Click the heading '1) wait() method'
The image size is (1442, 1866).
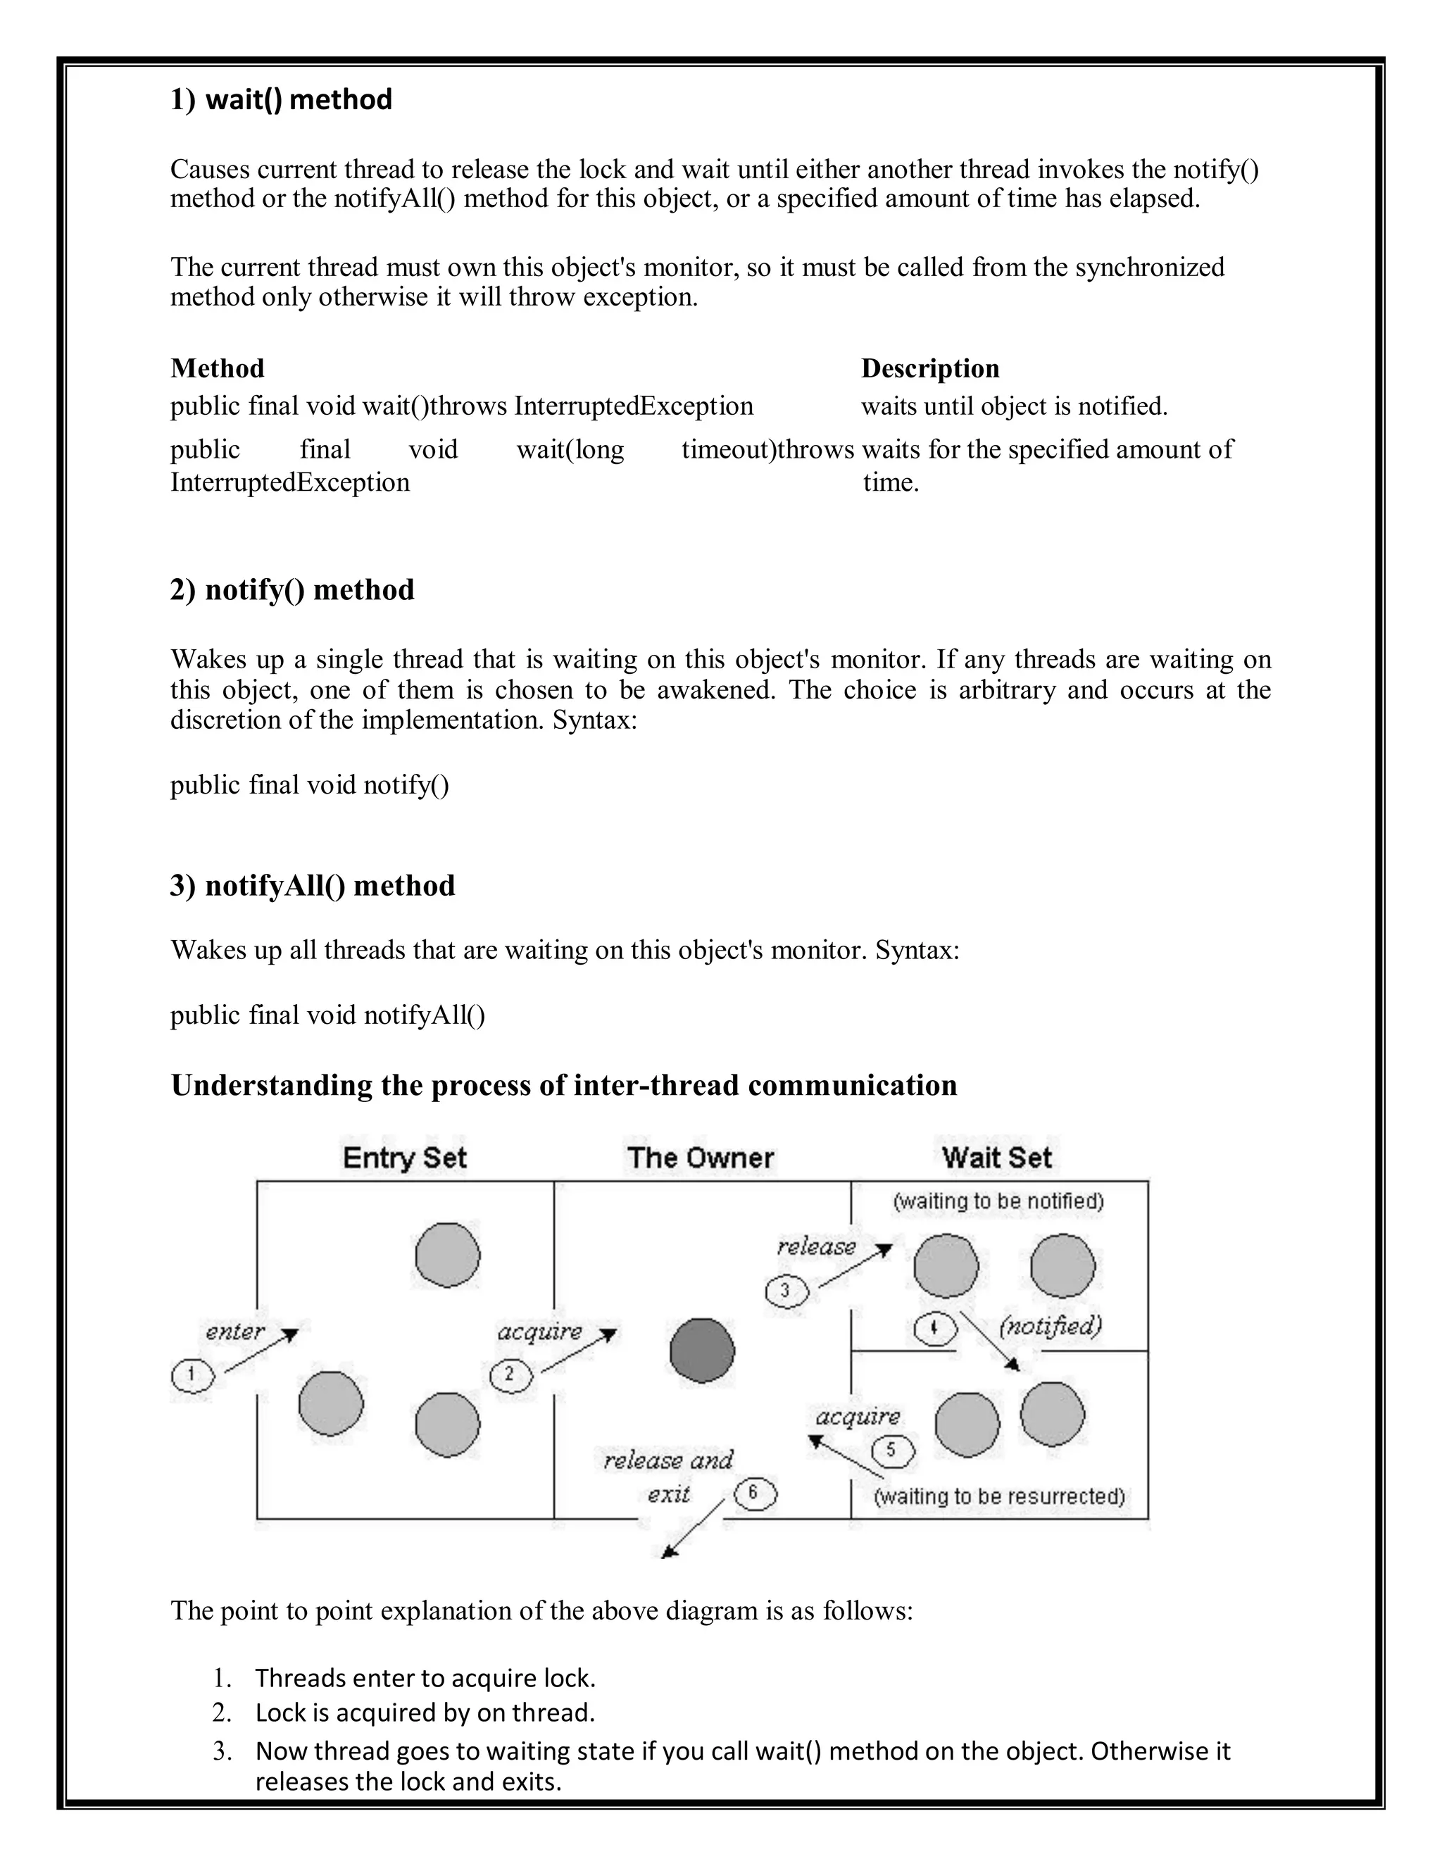pos(281,100)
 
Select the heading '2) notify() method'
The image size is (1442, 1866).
pos(292,589)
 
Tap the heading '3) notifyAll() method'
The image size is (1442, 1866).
pos(313,885)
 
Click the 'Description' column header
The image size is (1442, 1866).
pos(929,368)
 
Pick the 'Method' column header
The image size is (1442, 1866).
pos(217,368)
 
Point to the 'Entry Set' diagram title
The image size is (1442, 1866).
pos(404,1158)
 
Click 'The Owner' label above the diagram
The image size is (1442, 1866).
pos(701,1158)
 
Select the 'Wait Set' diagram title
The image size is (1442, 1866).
pos(997,1158)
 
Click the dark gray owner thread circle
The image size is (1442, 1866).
pos(702,1350)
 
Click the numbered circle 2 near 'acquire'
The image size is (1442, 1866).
pos(511,1375)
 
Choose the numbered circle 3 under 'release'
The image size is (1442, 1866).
pos(786,1290)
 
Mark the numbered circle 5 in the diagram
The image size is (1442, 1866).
pos(893,1450)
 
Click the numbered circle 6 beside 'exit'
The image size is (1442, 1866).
pos(756,1493)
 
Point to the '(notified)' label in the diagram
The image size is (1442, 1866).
pos(1051,1326)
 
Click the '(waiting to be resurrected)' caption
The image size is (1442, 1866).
pos(998,1496)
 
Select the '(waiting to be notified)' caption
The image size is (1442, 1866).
pos(998,1201)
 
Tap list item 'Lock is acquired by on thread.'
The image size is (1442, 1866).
pos(425,1713)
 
